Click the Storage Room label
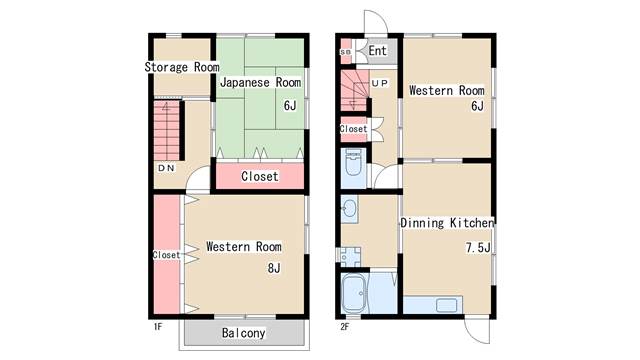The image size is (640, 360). pos(182,67)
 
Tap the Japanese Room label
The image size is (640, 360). pos(260,82)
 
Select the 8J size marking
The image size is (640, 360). pos(274,268)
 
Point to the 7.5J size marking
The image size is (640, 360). pos(478,247)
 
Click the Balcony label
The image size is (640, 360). pos(244,333)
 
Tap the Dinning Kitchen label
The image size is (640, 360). pos(447,223)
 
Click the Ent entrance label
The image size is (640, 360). pos(378,51)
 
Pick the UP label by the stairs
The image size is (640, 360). pos(380,83)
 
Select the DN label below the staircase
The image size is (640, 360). pos(167,168)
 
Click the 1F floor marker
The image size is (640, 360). pos(158,327)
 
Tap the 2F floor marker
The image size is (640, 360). pos(345,327)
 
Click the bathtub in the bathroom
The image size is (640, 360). pos(355,293)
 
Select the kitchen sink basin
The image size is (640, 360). pos(447,305)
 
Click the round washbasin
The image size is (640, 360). pos(349,209)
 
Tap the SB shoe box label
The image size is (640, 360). pos(345,52)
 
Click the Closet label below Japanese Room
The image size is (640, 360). pos(260,176)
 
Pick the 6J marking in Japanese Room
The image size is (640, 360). pos(290,106)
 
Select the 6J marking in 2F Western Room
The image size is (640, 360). pos(478,106)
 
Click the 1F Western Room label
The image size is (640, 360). pos(244,247)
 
